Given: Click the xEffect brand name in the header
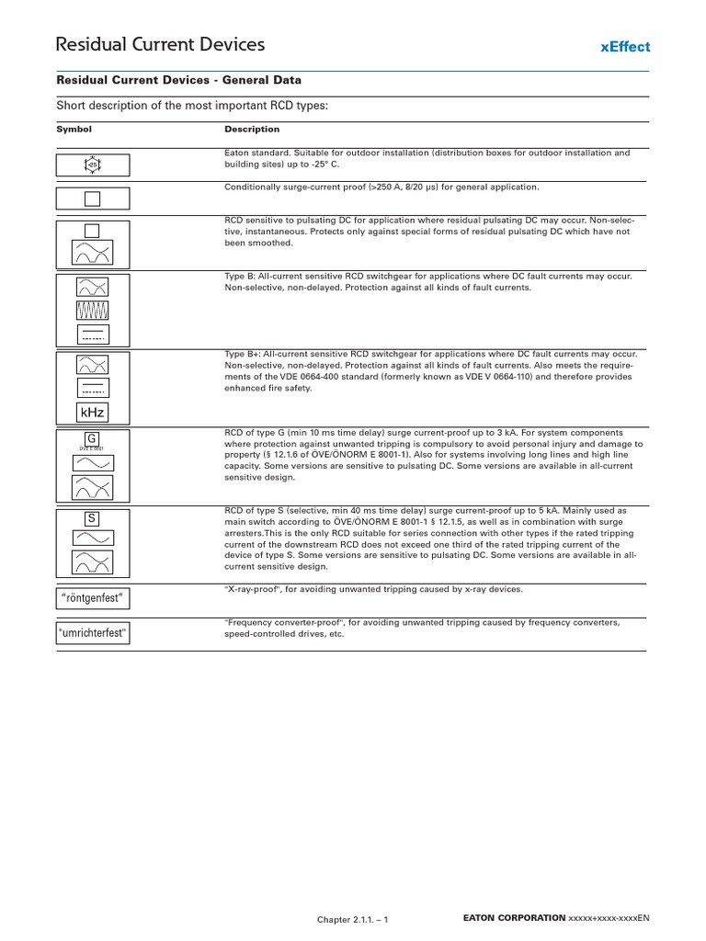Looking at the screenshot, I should click(x=624, y=46).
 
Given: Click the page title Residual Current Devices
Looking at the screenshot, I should click(x=160, y=44).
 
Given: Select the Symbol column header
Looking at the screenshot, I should click(x=74, y=130).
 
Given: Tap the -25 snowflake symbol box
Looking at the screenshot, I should click(x=93, y=164).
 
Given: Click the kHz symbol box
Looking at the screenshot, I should click(x=93, y=412).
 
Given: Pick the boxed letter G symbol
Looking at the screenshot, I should click(x=92, y=437).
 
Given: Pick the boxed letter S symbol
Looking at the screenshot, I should click(x=92, y=518).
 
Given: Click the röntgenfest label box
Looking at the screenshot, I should click(x=93, y=599).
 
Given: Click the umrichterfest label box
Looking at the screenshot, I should click(x=93, y=634).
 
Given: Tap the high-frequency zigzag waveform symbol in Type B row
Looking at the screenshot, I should click(x=93, y=309).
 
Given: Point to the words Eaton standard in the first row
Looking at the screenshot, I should click(x=255, y=153).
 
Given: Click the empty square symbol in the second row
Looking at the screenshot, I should click(x=93, y=199).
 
